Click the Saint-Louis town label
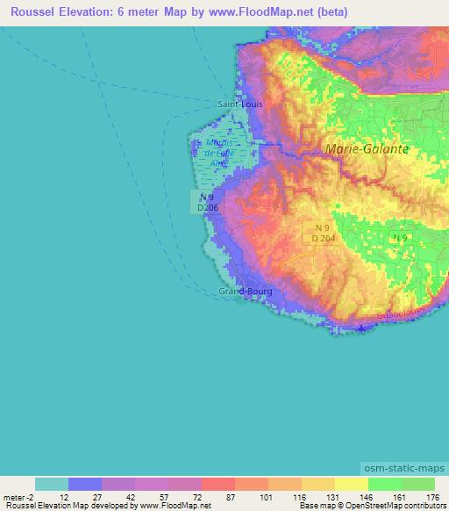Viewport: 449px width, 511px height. [239, 103]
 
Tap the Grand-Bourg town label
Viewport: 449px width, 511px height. [245, 291]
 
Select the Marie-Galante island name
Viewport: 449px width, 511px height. [367, 149]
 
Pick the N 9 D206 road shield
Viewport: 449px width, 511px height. [207, 203]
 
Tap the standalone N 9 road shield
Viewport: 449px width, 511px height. [400, 238]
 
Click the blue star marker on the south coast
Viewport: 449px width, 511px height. [362, 327]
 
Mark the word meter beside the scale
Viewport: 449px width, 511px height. [16, 496]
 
